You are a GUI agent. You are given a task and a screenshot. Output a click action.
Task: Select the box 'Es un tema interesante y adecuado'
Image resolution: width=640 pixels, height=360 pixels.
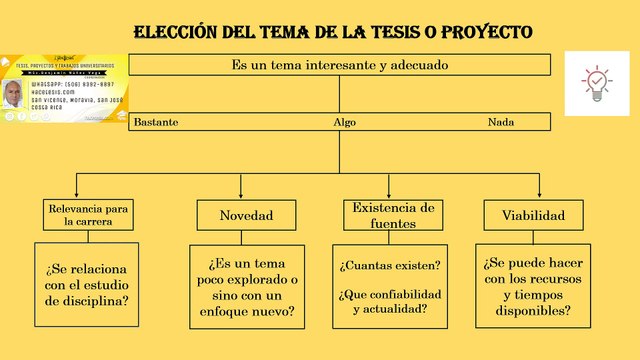(340, 65)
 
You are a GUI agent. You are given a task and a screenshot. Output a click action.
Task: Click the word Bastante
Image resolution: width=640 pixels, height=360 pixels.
(156, 122)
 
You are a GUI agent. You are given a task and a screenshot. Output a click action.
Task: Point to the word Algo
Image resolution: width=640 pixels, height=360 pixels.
(344, 122)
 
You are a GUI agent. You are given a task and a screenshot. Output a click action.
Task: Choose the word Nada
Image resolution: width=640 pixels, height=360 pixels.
(501, 122)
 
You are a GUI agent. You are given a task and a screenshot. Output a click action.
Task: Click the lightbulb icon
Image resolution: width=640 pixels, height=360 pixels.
(597, 80)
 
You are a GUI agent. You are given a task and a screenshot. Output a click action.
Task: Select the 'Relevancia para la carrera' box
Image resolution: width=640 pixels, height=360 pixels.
(89, 214)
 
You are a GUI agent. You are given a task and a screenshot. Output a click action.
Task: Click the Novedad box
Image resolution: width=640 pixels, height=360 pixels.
(246, 214)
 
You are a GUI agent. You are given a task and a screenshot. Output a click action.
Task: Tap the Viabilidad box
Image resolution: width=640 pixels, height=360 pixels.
(533, 214)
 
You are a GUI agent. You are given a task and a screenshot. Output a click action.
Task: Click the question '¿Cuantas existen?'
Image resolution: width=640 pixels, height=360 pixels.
(390, 266)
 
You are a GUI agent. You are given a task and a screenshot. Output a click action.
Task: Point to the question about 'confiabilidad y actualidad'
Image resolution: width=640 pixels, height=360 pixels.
(390, 301)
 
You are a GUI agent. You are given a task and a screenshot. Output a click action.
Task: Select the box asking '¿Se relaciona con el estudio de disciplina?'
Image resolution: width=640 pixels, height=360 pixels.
(88, 285)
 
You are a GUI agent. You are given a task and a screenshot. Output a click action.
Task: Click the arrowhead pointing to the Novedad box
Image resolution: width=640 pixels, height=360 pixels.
(246, 195)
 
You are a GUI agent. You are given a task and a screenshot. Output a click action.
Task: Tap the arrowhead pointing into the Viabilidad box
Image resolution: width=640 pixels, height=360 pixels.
(533, 195)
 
